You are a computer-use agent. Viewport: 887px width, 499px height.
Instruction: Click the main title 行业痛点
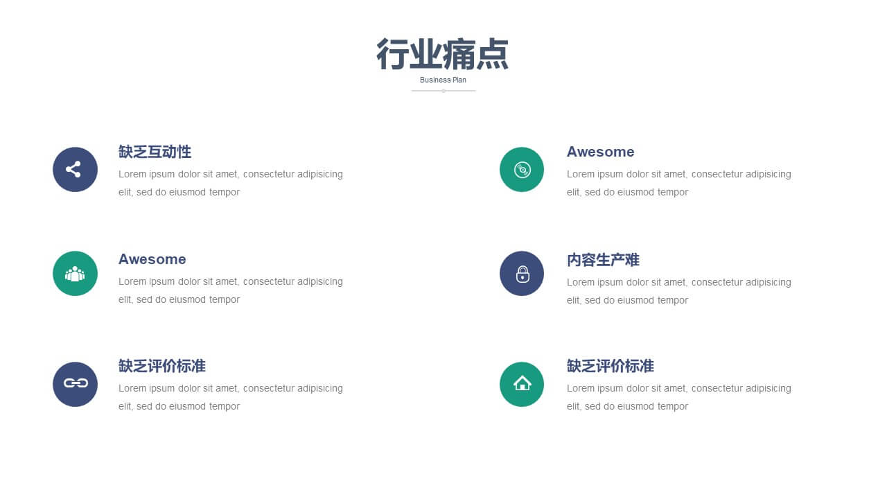tap(443, 54)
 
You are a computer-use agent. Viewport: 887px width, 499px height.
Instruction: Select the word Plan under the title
tap(459, 80)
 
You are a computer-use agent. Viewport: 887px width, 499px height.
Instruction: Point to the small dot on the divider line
tap(443, 91)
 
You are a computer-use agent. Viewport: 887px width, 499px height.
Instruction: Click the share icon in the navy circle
tap(73, 170)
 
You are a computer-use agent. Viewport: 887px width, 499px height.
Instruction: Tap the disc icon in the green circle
tap(522, 170)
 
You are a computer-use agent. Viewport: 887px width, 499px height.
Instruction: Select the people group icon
tap(75, 274)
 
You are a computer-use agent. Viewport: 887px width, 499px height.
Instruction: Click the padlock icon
tap(522, 274)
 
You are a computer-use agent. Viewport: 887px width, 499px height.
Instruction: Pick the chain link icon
tap(76, 383)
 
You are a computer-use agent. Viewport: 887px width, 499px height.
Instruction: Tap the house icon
tap(522, 383)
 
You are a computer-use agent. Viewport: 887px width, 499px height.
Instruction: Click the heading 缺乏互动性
tap(155, 152)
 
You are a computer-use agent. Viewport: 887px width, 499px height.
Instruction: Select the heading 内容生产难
tap(603, 260)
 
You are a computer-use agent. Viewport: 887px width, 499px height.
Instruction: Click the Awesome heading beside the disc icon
tap(600, 152)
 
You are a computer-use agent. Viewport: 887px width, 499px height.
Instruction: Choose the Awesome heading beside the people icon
tap(152, 259)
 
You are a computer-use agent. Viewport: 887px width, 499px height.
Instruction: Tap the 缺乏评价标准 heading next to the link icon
tap(162, 366)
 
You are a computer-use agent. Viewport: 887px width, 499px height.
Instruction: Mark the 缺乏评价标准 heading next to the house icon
tap(611, 366)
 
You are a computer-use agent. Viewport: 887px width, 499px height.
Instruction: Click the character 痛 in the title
tap(459, 54)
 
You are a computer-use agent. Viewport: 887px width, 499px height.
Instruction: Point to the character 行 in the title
tap(392, 54)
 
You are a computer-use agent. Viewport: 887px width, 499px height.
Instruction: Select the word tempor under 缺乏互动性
tap(225, 193)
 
